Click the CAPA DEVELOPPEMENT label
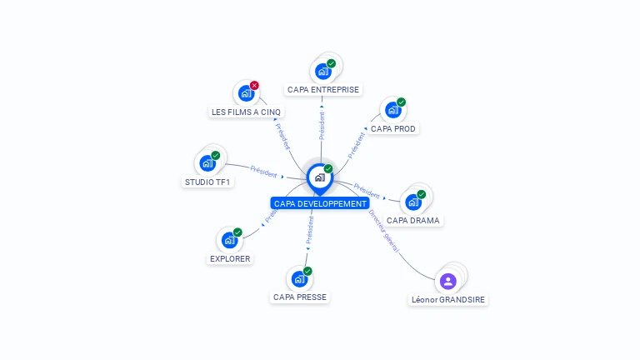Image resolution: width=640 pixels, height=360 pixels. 320,203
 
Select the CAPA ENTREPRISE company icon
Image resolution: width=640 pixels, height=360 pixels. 322,72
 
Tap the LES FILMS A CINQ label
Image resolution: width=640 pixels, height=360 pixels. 247,112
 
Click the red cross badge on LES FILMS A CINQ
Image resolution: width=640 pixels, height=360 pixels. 254,85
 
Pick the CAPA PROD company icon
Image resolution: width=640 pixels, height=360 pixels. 392,110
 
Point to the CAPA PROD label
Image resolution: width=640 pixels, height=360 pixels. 393,129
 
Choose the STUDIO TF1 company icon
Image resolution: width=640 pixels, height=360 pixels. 207,163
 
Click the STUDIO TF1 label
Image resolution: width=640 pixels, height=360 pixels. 207,182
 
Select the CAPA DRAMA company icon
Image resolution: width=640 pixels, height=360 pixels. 412,202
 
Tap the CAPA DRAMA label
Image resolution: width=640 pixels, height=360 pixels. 413,221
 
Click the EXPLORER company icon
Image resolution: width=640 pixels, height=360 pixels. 229,240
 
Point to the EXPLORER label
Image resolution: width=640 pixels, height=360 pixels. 230,258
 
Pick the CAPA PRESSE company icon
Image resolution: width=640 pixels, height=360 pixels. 299,278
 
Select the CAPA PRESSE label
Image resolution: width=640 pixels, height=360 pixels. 300,297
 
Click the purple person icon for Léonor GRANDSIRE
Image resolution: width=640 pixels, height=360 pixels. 447,281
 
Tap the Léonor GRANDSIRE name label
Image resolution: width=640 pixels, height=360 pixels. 448,299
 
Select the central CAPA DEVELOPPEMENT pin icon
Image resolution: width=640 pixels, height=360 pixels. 319,177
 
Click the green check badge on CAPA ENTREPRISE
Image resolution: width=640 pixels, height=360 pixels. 331,63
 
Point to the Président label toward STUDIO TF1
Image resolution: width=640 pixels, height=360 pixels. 263,172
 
